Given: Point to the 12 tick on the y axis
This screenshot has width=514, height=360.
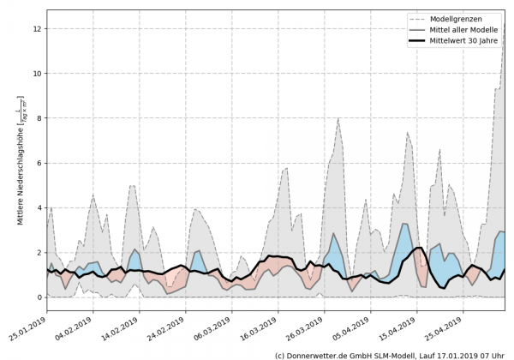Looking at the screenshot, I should [x=38, y=29].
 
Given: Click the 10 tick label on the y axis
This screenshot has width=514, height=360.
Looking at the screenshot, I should [x=38, y=74].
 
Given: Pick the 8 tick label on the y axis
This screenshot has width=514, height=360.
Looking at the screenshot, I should [x=39, y=118].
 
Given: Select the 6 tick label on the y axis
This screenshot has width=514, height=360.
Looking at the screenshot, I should [x=39, y=163].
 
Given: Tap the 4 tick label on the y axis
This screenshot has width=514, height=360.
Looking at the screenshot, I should [x=39, y=208].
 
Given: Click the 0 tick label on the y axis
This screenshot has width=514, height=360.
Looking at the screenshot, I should [x=39, y=297].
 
